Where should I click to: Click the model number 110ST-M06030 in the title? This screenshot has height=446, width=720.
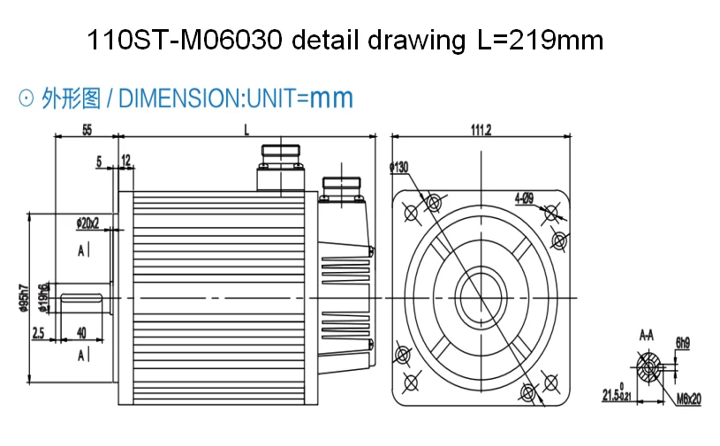click(x=186, y=40)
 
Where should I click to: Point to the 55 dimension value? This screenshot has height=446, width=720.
click(x=87, y=129)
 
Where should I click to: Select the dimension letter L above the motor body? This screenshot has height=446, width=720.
click(x=246, y=129)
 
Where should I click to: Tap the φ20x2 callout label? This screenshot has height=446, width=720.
click(x=88, y=222)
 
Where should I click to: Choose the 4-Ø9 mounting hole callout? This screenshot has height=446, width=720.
click(x=521, y=199)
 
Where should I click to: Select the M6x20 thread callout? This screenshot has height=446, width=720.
click(x=688, y=399)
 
